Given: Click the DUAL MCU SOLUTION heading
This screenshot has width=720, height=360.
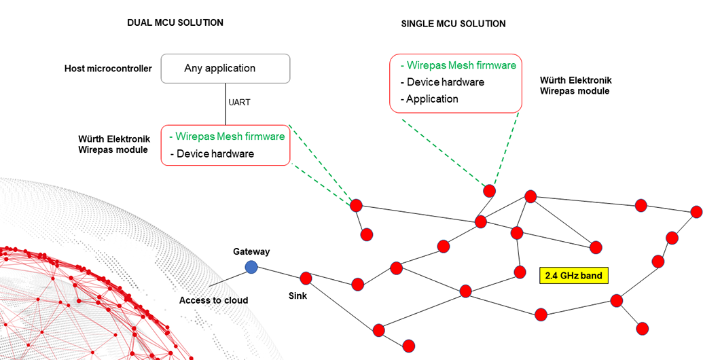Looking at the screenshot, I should (x=175, y=22).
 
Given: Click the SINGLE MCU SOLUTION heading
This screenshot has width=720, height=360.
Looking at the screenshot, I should (x=454, y=24).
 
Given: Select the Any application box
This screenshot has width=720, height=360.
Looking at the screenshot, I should (x=226, y=69).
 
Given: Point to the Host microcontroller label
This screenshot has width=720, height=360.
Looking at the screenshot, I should (x=108, y=69).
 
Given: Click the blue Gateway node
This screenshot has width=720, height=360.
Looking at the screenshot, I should (x=251, y=267).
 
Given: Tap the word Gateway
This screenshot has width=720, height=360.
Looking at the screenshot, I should (x=251, y=251).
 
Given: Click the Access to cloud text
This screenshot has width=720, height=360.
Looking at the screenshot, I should (x=214, y=300).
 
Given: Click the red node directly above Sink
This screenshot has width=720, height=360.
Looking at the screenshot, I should (x=306, y=278).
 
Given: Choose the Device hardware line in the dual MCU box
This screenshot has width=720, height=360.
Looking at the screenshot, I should (x=212, y=154).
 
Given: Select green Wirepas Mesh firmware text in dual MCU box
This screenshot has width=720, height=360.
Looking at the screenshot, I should (x=227, y=136).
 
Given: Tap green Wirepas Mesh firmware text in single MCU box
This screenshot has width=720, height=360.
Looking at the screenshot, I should (x=458, y=65).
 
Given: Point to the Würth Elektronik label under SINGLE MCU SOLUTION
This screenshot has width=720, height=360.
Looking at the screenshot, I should (x=574, y=85).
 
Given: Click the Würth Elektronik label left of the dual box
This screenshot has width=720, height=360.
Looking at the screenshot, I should (x=114, y=144).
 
